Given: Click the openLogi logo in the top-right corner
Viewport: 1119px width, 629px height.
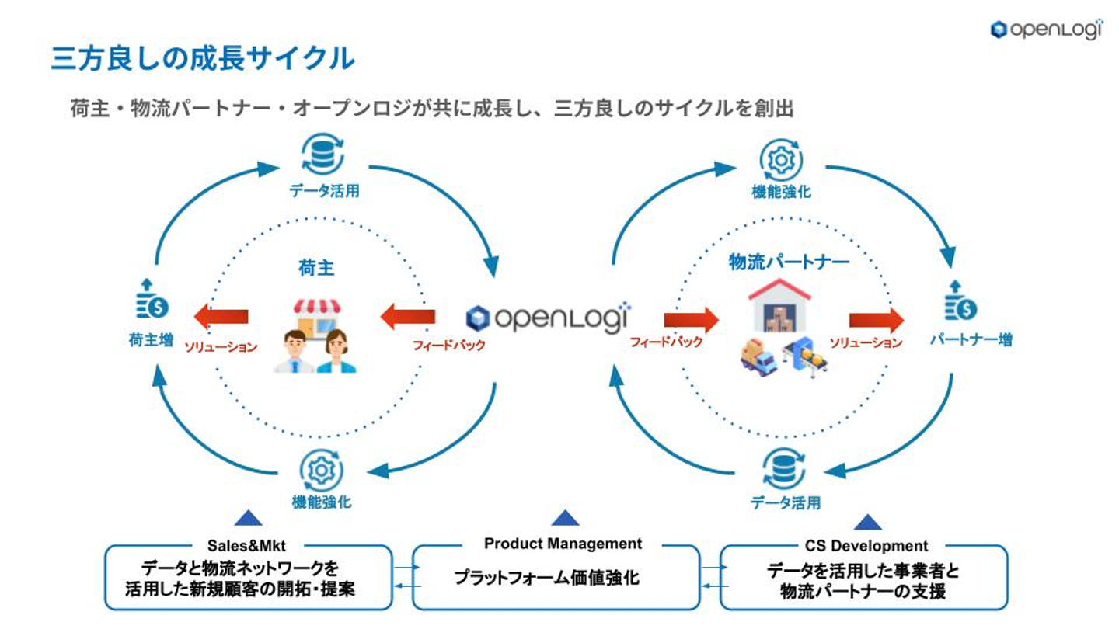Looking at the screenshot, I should coord(1046,29).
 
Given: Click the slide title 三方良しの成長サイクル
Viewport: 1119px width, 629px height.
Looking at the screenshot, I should coord(203,58).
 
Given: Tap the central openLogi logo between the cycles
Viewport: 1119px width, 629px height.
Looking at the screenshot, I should coord(549,318).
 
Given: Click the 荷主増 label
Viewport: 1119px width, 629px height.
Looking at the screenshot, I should coord(151,339).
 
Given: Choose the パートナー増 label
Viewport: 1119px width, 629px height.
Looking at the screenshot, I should coord(971,339).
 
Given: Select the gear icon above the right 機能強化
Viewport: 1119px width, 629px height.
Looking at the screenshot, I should coord(780,159).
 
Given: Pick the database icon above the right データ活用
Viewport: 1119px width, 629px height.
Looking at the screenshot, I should coord(783,468).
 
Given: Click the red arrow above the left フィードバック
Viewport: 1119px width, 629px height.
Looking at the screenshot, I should coord(408,316).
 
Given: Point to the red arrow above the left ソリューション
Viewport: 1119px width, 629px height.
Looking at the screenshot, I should coord(221,316).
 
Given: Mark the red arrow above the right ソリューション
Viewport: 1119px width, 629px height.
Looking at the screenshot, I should coord(876,320).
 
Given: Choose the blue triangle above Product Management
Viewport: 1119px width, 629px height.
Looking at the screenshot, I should coord(565,518).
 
